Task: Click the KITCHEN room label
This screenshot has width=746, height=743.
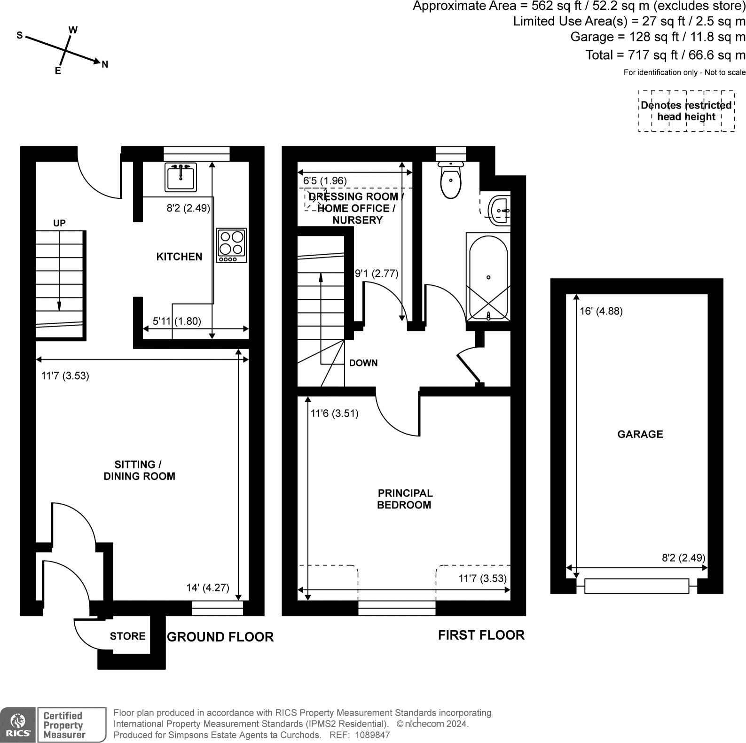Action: [x=179, y=257]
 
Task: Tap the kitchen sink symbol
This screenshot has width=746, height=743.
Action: [x=181, y=177]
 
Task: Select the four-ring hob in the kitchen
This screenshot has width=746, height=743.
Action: [x=232, y=245]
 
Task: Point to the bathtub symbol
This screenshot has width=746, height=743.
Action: [x=488, y=277]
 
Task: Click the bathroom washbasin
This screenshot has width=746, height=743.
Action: [x=499, y=210]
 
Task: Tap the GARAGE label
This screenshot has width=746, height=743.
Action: [x=640, y=434]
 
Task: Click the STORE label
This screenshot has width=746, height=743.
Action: [x=127, y=636]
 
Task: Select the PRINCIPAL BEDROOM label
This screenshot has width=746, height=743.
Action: [x=405, y=499]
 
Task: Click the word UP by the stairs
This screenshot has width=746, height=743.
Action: [x=59, y=223]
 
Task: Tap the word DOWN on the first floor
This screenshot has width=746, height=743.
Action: [x=363, y=363]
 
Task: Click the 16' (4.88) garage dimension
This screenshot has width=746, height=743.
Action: [x=601, y=311]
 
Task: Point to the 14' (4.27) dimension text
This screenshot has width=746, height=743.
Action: [x=208, y=587]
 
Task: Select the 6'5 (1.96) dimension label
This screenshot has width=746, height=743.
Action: [x=325, y=181]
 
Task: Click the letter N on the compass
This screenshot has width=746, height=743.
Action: [x=105, y=64]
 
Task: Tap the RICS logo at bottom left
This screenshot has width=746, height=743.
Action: [x=18, y=725]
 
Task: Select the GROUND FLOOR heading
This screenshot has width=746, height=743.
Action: [x=220, y=637]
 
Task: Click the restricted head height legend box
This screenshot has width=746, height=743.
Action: [x=686, y=111]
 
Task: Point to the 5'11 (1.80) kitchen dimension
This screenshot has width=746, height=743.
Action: [x=177, y=321]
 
